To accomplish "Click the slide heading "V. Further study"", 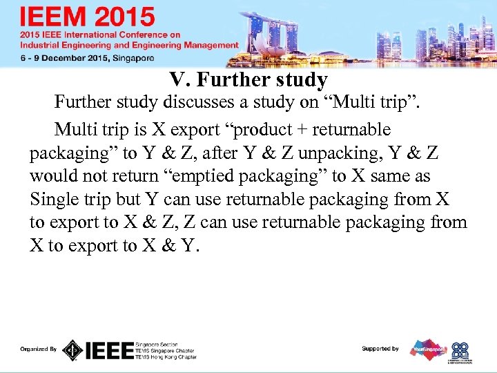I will tap(248, 80).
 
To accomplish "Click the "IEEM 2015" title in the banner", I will tap(88, 17).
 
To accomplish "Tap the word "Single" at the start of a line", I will tap(52, 200).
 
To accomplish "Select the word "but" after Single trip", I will tap(128, 200).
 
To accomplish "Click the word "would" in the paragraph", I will tap(52, 176).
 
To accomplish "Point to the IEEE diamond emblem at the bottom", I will tap(72, 350).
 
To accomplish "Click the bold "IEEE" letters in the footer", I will tap(109, 350).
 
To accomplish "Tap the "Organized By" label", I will tap(38, 350).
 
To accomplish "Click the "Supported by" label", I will tap(380, 349).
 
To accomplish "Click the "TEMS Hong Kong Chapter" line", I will tap(166, 357).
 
